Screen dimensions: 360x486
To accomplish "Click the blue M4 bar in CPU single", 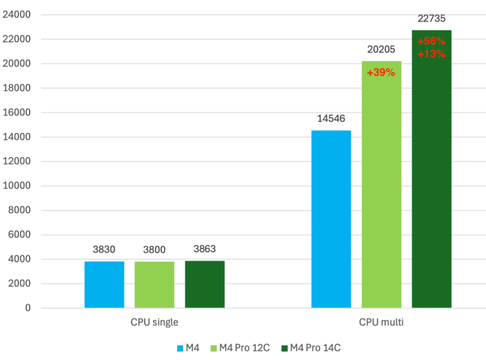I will (104, 285).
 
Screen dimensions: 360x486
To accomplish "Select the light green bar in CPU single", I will (154, 285).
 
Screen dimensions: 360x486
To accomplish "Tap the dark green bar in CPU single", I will (204, 284).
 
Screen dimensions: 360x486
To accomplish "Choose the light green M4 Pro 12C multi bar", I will (381, 190).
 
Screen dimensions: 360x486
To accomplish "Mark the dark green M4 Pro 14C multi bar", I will (432, 177).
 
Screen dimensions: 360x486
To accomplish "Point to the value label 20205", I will (381, 49).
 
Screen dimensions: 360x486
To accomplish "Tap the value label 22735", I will (431, 18).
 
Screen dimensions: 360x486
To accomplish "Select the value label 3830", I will (104, 249).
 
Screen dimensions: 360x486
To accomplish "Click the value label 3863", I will (204, 249).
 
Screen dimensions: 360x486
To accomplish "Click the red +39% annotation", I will (381, 72).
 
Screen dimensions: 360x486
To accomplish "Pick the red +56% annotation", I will (432, 41).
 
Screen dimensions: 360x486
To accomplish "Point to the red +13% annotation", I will (432, 54).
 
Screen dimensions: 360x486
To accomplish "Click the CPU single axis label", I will (154, 322).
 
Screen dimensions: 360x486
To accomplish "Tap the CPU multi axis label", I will (381, 322).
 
